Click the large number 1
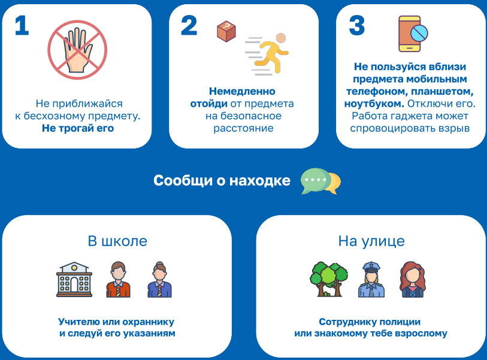tap(22, 26)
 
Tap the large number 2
tap(189, 26)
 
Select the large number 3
tap(357, 26)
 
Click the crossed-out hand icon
tap(77, 50)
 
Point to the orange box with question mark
tap(226, 31)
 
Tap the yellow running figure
tap(270, 54)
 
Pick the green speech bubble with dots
tap(315, 181)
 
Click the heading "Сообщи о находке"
tap(222, 180)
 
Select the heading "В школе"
tap(117, 241)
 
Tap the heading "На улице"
tap(371, 241)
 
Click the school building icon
tap(74, 279)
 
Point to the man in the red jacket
tap(119, 279)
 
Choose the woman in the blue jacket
tap(160, 279)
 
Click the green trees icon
tap(329, 279)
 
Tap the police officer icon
tap(371, 279)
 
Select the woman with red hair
tap(413, 279)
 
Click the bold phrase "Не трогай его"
tap(78, 128)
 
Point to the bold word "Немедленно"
tap(242, 91)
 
